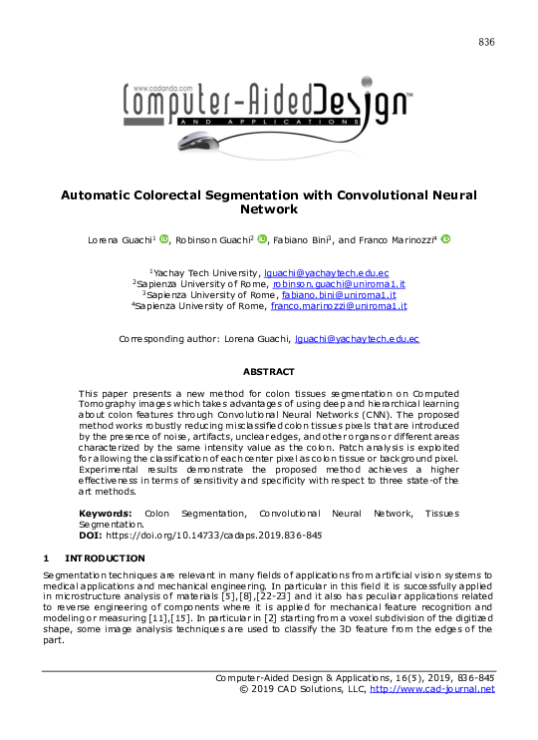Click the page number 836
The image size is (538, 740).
[486, 42]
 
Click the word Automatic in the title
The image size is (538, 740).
[104, 195]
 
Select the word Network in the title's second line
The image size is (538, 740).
[269, 210]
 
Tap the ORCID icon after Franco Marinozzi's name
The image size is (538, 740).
[445, 239]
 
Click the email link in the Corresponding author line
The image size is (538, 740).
[358, 339]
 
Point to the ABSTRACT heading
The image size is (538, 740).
[268, 371]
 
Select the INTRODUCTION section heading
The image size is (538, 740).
[104, 557]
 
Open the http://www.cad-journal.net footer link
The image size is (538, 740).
[431, 689]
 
